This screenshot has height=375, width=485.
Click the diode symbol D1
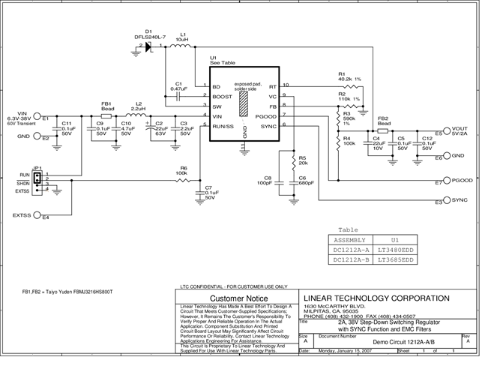[x=148, y=46]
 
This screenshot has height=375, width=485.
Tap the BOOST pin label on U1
[x=222, y=97]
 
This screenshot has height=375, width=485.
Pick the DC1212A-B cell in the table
[x=349, y=259]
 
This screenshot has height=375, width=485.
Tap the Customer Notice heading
[x=238, y=298]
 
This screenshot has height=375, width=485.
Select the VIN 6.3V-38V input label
[x=19, y=115]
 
